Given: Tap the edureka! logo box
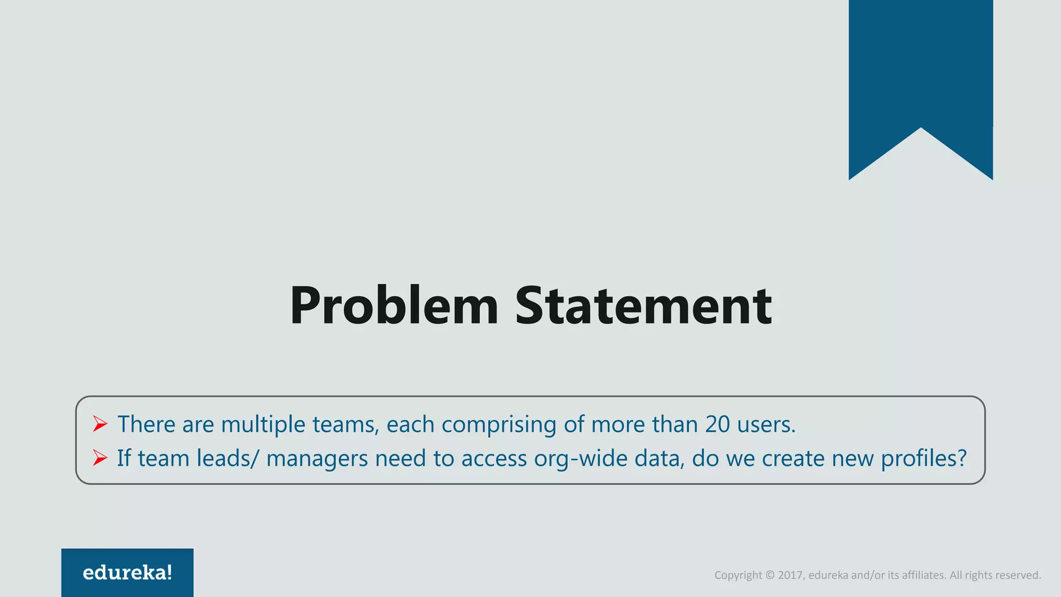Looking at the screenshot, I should pos(127,573).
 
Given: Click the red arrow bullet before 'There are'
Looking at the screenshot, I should pos(100,424).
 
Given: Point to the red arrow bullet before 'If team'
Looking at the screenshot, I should pos(100,458).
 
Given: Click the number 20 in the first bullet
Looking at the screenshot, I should pos(718,424).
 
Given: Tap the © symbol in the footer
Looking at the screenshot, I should pos(770,575).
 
